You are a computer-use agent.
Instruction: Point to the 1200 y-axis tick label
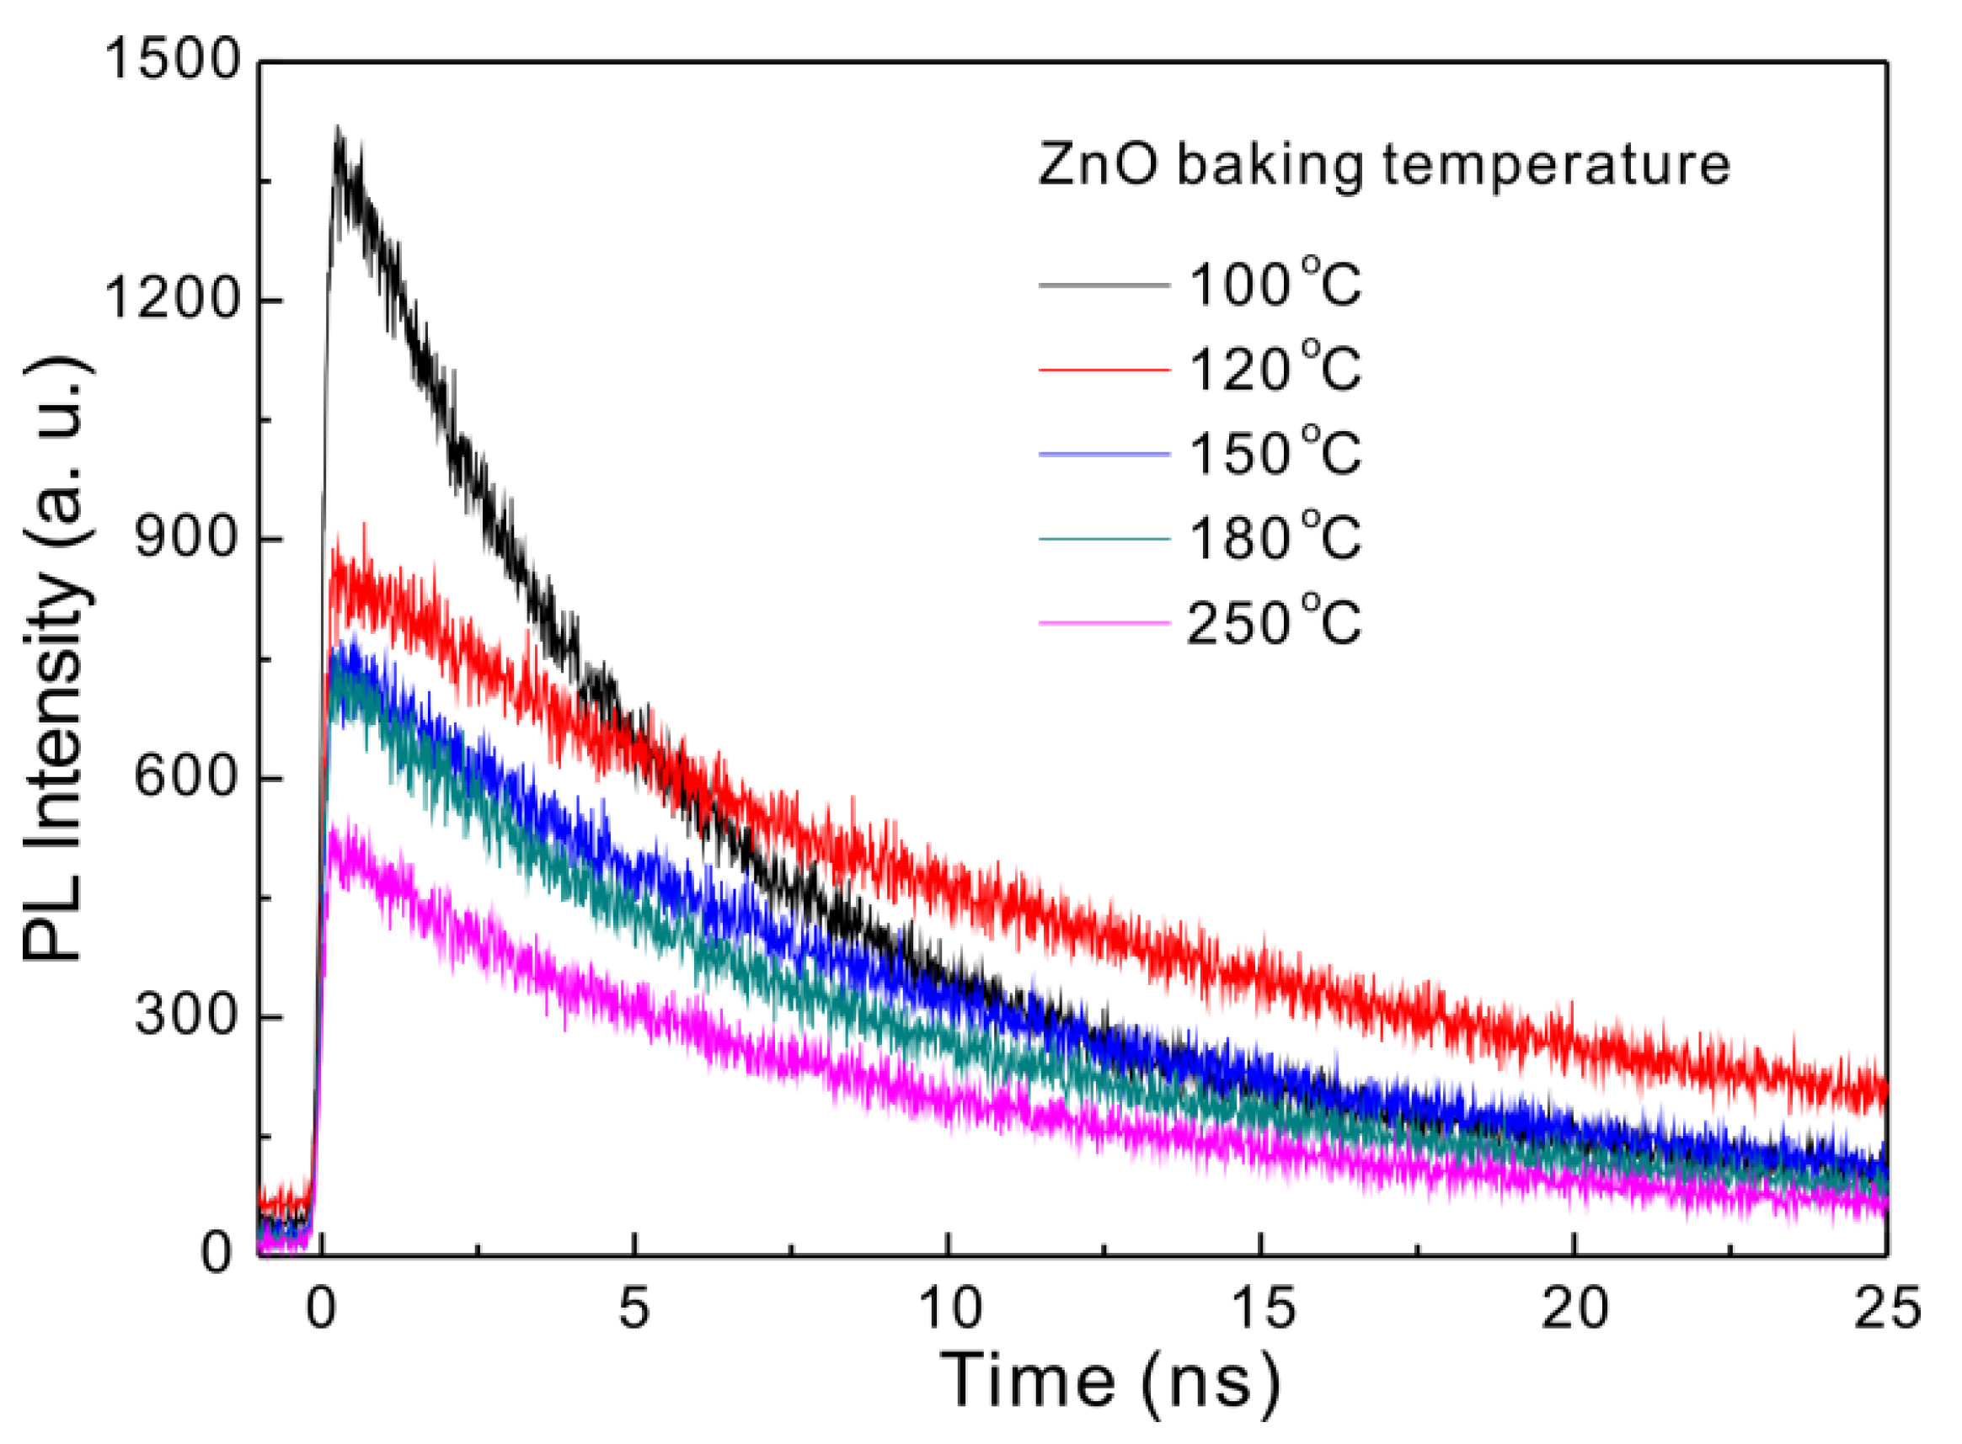tap(171, 299)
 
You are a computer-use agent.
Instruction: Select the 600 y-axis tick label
tap(186, 776)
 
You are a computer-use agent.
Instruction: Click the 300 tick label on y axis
tap(186, 1015)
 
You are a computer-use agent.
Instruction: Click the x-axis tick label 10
tap(949, 1308)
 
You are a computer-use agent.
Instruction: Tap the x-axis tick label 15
tap(1262, 1308)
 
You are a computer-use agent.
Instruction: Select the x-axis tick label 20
tap(1574, 1308)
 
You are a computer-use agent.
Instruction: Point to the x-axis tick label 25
tap(1887, 1308)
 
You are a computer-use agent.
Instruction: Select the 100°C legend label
tap(1274, 285)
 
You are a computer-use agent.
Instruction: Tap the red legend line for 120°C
tap(1104, 370)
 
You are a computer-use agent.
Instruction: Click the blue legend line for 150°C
tap(1104, 455)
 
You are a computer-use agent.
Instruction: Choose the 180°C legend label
tap(1274, 538)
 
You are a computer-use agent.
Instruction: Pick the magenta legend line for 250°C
tap(1104, 623)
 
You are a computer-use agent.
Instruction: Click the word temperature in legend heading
tap(1555, 166)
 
